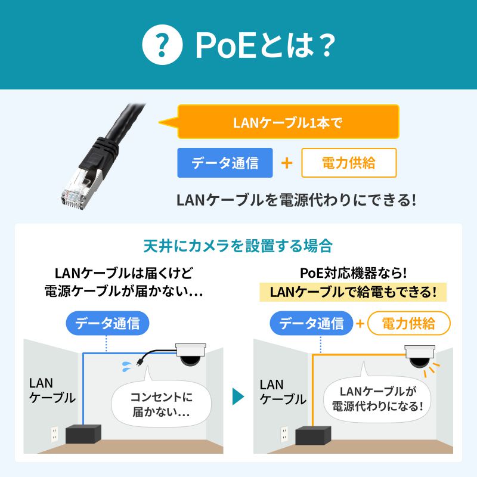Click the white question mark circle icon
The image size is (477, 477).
pyautogui.click(x=162, y=45)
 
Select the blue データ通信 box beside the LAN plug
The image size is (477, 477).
pyautogui.click(x=225, y=163)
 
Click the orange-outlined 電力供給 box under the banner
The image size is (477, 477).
pyautogui.click(x=349, y=163)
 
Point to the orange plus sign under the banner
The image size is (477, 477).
pyautogui.click(x=287, y=163)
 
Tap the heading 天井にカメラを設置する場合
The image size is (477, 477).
pyautogui.click(x=238, y=246)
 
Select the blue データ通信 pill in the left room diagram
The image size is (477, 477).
pyautogui.click(x=107, y=324)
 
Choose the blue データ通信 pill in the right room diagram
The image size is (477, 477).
pyautogui.click(x=311, y=324)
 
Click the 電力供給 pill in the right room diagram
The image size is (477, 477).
pyautogui.click(x=408, y=324)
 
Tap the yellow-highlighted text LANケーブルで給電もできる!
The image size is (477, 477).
pyautogui.click(x=353, y=292)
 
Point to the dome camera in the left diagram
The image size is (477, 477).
pyautogui.click(x=191, y=357)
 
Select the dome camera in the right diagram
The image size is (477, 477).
pyautogui.click(x=421, y=358)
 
